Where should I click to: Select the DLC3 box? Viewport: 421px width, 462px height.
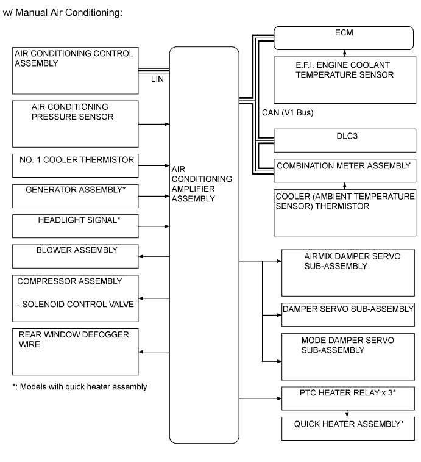coord(345,140)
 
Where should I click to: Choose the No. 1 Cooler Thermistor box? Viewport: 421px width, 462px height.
coord(73,165)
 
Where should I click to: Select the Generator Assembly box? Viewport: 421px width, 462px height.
coord(73,196)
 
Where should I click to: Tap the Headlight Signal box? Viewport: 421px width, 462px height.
coord(73,226)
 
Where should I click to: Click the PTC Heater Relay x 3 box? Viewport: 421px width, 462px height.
coord(348,397)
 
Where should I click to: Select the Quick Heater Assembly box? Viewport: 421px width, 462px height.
coord(348,428)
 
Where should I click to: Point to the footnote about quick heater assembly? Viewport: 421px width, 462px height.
coord(80,387)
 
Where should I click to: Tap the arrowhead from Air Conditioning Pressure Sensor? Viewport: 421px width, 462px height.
coord(166,124)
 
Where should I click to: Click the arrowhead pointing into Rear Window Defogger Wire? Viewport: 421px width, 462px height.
coord(141,352)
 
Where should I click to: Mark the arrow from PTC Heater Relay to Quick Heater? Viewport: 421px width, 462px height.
coord(346,413)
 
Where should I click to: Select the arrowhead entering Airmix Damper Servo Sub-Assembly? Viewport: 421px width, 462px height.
coord(279,261)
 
